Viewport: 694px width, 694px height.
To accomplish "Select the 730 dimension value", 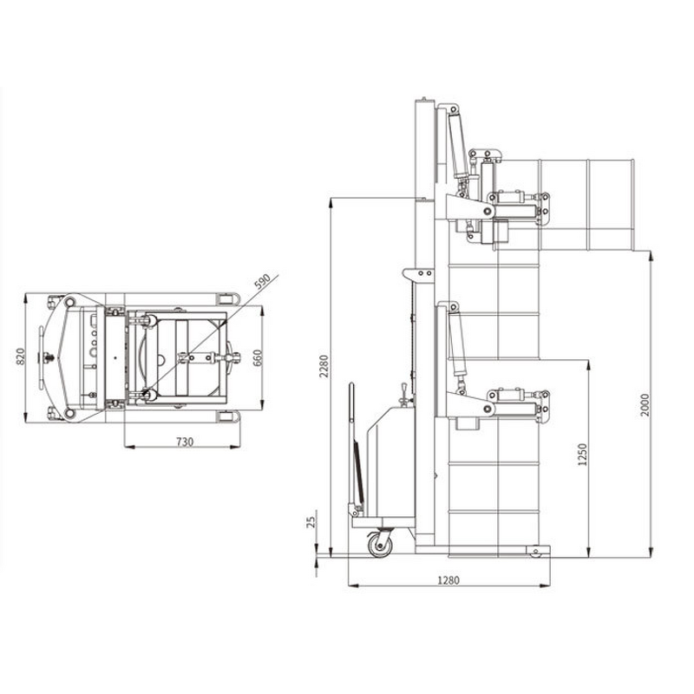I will click(184, 442).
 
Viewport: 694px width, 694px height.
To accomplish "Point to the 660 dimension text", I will click(258, 357).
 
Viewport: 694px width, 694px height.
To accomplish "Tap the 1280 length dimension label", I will click(448, 579).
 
